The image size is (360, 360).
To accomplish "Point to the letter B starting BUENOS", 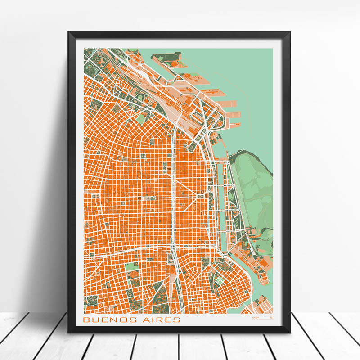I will tap(86, 319).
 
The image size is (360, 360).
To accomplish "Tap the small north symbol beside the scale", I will tap(271, 319).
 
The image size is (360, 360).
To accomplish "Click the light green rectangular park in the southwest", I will tap(132, 266).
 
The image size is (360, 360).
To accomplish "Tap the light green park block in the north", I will tap(142, 118).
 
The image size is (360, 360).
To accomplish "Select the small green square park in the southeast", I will tap(219, 279).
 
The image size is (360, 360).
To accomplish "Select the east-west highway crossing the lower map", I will tap(135, 252).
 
